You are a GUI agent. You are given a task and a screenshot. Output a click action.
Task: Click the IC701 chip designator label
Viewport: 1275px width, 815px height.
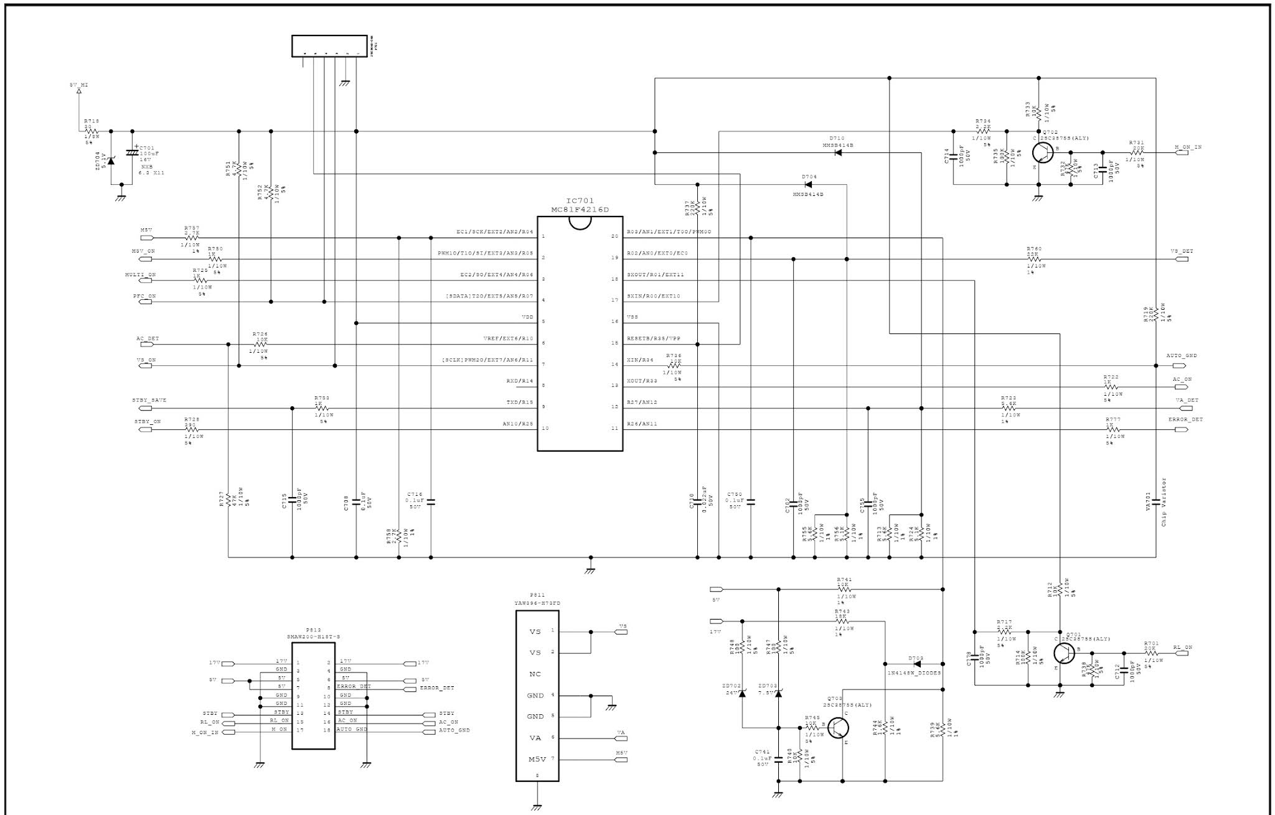tap(580, 201)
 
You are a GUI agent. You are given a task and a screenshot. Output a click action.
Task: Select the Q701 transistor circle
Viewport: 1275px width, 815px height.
tap(1065, 653)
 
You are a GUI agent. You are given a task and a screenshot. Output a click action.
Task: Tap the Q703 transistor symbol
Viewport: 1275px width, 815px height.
tap(839, 727)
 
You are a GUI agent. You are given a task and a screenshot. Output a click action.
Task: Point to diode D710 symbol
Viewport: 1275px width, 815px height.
tap(838, 152)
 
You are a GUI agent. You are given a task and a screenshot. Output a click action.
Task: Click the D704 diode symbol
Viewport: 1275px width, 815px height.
tap(809, 185)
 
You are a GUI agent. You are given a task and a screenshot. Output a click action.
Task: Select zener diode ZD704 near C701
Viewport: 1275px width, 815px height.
tap(111, 161)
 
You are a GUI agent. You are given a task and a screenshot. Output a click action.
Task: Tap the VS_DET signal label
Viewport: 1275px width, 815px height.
tap(1181, 251)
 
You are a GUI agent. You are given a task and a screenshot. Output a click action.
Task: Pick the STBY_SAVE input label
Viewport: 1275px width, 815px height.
tap(149, 401)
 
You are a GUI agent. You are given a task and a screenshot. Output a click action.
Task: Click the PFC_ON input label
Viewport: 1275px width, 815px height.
tap(144, 297)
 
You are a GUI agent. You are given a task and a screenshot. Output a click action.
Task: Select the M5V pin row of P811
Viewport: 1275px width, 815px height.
tap(537, 759)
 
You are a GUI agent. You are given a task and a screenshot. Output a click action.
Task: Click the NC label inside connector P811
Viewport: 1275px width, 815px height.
tap(535, 674)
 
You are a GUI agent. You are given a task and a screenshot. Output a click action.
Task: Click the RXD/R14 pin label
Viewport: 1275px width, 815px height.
tap(520, 381)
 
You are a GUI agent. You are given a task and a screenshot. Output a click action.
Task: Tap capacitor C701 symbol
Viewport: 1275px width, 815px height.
tap(131, 151)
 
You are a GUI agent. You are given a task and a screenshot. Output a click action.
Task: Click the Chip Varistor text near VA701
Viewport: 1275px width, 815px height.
tap(1164, 502)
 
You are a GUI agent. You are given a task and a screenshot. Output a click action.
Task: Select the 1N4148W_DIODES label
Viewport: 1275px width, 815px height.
tap(913, 673)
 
